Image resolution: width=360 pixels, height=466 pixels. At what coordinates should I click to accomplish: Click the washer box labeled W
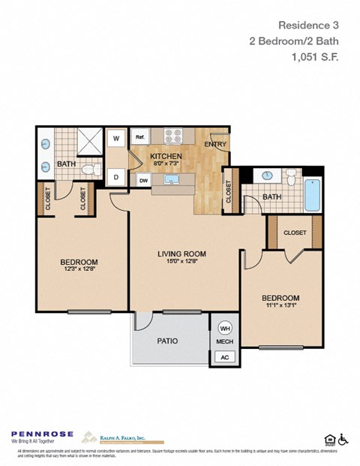(x=116, y=138)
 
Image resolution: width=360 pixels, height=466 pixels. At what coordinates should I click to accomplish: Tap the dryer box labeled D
(x=116, y=178)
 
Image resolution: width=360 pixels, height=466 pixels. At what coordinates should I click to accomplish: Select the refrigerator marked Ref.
(x=140, y=137)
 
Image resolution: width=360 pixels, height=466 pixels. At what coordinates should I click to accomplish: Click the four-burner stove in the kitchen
(x=174, y=137)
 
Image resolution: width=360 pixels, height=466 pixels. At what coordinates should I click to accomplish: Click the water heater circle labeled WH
(x=225, y=328)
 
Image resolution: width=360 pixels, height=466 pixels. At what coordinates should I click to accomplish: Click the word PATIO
(x=167, y=341)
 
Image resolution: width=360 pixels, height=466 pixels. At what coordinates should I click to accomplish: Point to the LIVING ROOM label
(x=181, y=254)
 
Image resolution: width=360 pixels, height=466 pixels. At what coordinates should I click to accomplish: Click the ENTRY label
(x=215, y=144)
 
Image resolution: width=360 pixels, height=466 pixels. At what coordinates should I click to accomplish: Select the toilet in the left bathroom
(x=91, y=170)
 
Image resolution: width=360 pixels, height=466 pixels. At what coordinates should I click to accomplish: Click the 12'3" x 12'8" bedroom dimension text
(x=79, y=271)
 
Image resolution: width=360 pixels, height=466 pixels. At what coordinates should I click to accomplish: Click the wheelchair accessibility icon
(x=343, y=439)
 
